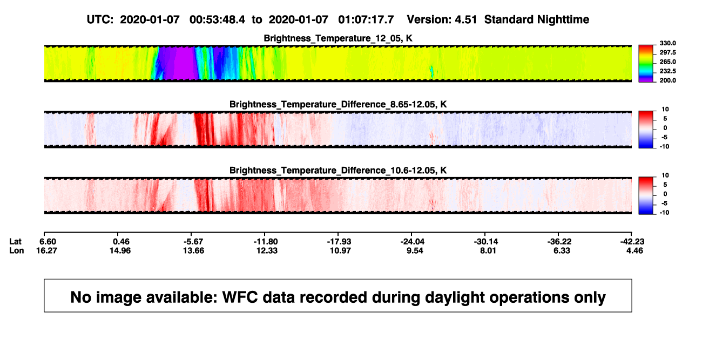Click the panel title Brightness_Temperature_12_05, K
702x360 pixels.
(x=338, y=38)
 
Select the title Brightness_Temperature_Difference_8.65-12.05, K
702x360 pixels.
(x=338, y=104)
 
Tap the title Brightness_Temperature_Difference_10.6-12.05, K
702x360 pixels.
(x=338, y=171)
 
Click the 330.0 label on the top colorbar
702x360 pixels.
(x=667, y=43)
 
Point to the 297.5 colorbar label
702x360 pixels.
(x=667, y=52)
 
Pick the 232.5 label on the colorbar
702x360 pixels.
(x=667, y=71)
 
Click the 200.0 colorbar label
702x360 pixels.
(x=667, y=80)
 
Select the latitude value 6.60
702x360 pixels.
(x=48, y=242)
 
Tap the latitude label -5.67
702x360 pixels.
(x=193, y=242)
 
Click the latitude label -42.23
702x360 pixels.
(x=632, y=242)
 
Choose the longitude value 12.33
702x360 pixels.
(x=267, y=250)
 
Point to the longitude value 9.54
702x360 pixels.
(x=415, y=250)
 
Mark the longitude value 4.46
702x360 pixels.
(x=634, y=250)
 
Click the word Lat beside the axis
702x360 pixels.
(x=15, y=242)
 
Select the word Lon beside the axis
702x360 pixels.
(x=17, y=250)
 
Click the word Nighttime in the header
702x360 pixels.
(x=563, y=20)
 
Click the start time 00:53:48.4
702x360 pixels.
(x=217, y=20)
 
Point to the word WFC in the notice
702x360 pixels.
(x=240, y=297)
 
